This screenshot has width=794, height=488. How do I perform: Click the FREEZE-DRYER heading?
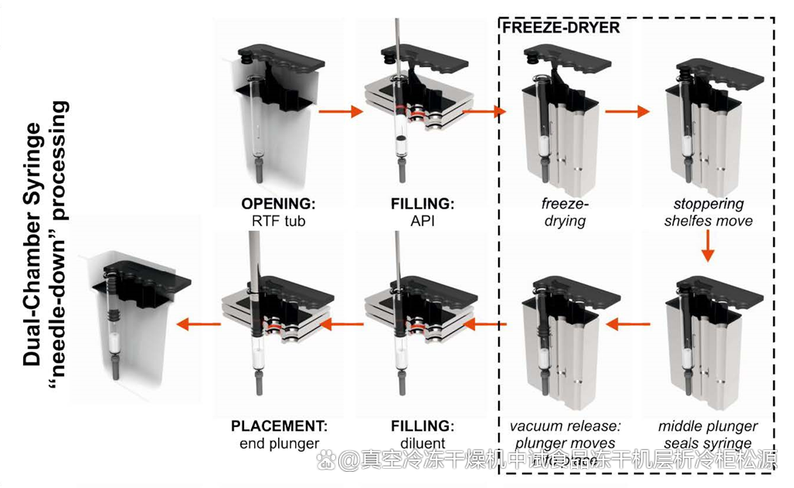[561, 27]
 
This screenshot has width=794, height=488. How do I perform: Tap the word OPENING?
[278, 205]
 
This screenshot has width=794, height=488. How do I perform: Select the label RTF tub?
[278, 222]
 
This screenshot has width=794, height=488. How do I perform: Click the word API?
[420, 222]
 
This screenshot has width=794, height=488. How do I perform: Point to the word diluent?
[420, 443]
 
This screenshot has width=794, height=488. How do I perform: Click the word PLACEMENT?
[279, 426]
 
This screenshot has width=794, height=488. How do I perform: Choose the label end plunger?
[279, 443]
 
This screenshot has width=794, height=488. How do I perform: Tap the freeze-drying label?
[554, 212]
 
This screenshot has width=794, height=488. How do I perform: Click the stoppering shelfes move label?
[708, 212]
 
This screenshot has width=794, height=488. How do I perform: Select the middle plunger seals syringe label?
[708, 435]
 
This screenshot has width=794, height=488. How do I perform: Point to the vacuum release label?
[565, 426]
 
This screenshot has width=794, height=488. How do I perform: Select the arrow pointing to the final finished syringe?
[196, 324]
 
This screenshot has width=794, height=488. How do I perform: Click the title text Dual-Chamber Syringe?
[32, 243]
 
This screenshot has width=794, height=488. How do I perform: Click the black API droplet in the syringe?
[402, 141]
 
